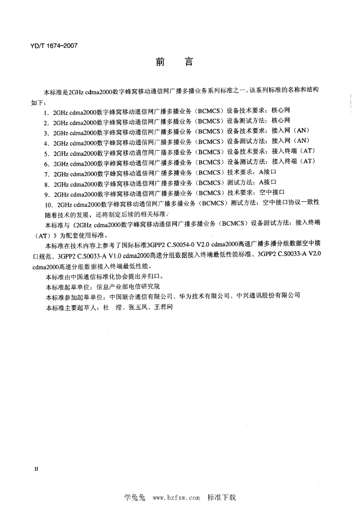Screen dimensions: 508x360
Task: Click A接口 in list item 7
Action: (263, 174)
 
